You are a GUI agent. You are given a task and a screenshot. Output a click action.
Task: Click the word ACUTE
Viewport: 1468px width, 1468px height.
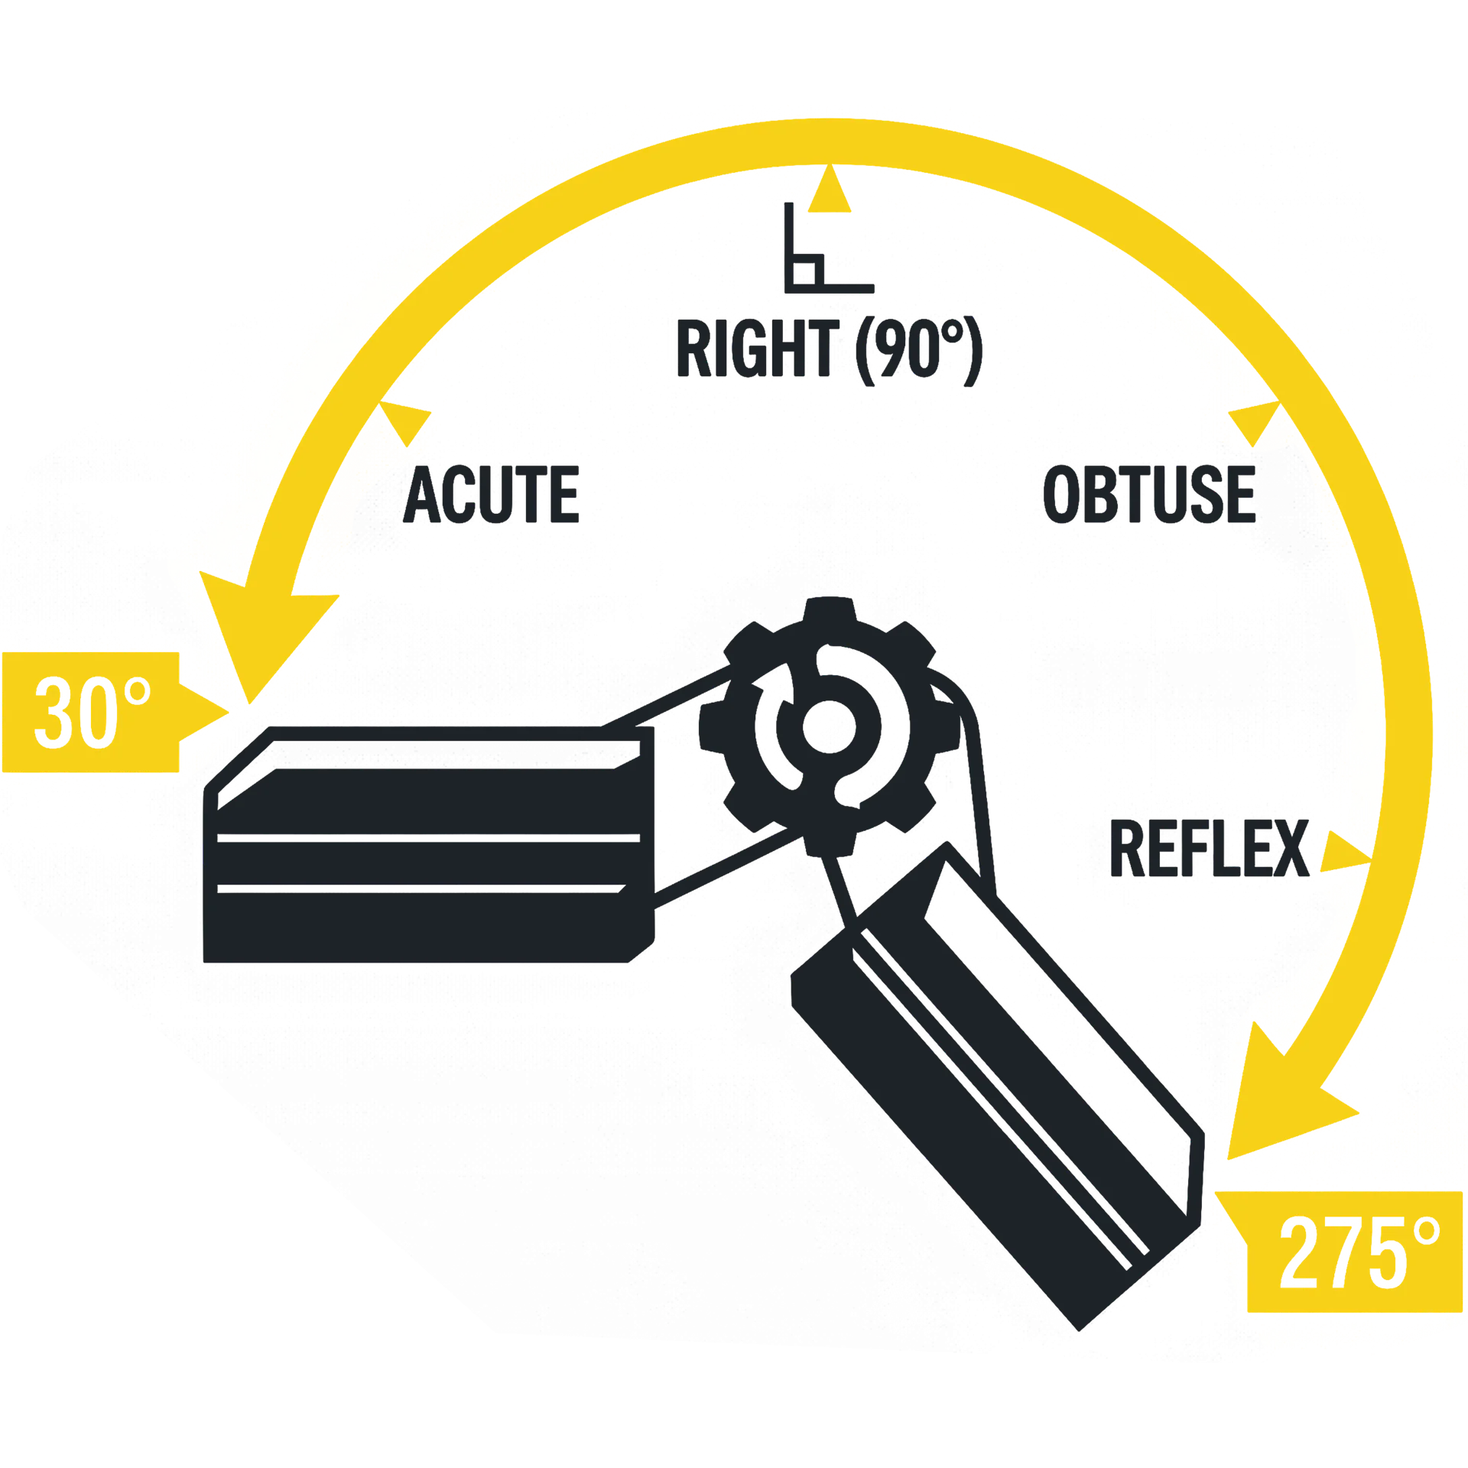pos(491,494)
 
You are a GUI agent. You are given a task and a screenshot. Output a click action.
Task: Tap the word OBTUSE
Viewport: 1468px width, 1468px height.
pos(1150,494)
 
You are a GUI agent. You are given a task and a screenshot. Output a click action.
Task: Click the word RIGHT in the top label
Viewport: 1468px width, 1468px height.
pos(758,349)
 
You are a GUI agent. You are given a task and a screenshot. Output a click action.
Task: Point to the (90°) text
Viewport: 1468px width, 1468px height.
pos(919,350)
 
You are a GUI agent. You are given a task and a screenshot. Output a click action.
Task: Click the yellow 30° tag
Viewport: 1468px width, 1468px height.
pos(115,712)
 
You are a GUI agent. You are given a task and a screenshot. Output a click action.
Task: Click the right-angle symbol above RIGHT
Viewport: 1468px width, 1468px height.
pos(829,248)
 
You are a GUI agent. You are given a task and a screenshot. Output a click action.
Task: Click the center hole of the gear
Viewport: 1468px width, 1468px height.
pos(829,726)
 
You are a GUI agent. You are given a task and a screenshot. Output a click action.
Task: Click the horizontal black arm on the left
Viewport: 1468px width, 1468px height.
pos(429,845)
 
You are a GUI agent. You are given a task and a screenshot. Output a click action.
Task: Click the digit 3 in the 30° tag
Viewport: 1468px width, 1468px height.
pos(54,713)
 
